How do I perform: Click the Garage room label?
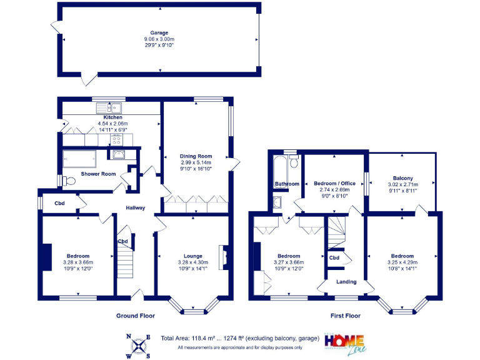[x=159, y=32]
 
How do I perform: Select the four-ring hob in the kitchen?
[x=116, y=139]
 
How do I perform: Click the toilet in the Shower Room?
[x=69, y=181]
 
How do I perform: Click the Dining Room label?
[x=196, y=156]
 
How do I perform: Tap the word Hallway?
[x=136, y=208]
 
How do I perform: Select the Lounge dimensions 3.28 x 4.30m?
[x=192, y=262]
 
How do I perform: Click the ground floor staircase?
[x=126, y=260]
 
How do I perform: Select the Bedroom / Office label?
[x=334, y=183]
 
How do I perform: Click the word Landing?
[x=346, y=282]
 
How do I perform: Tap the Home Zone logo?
[x=344, y=342]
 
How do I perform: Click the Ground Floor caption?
[x=136, y=316]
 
